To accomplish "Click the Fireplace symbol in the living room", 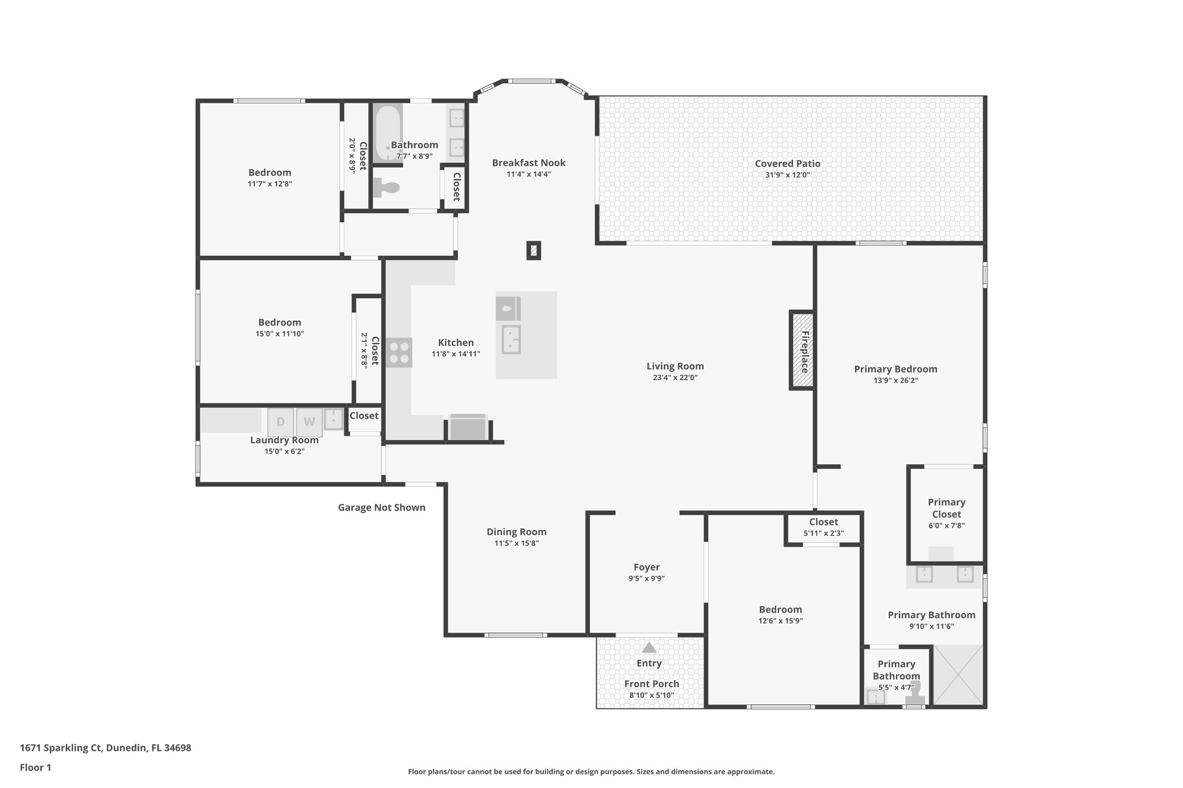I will click(x=802, y=351).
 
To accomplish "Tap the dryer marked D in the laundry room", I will click(x=281, y=422).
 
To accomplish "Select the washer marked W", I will click(x=310, y=422).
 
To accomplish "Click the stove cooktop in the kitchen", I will click(x=399, y=352).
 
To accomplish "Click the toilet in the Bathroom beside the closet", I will click(x=386, y=188).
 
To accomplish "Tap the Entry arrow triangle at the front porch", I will click(x=649, y=648).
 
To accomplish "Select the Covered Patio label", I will click(x=787, y=163).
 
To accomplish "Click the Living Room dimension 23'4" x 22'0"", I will click(x=675, y=378).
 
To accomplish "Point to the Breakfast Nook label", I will click(x=529, y=163).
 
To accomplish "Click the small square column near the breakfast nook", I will click(x=534, y=251).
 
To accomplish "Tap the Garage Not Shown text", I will click(x=381, y=507).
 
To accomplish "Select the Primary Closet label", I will click(x=946, y=508).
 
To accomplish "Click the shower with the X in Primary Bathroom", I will click(x=958, y=675).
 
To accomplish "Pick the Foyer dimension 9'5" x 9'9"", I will click(x=646, y=578).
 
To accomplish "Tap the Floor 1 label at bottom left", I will click(x=35, y=767).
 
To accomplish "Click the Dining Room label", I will click(x=516, y=532).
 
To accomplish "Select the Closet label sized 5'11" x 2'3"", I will click(x=823, y=522).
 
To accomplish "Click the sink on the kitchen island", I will click(x=511, y=339).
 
